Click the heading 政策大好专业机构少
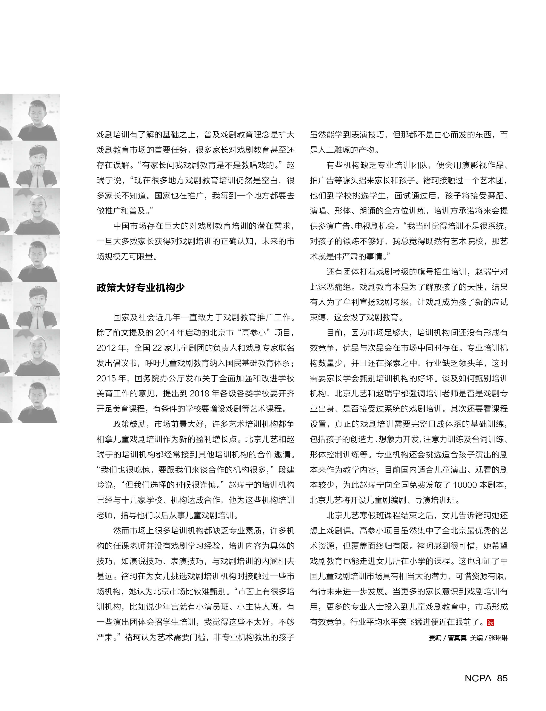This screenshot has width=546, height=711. point(140,288)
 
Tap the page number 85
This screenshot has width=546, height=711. point(502,678)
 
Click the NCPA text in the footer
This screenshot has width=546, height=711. point(478,678)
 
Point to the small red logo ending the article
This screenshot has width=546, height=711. point(491,622)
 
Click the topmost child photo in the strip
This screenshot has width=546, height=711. point(36,118)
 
